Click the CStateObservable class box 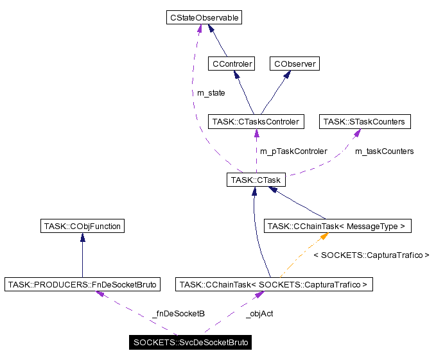click(x=203, y=18)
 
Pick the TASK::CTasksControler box click(x=256, y=121)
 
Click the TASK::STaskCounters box click(x=364, y=121)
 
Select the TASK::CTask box click(x=255, y=180)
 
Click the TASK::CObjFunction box click(x=82, y=226)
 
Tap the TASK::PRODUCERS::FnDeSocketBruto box click(x=82, y=284)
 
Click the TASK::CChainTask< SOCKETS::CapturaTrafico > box click(x=274, y=284)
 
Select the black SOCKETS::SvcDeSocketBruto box click(x=190, y=342)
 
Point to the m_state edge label click(x=211, y=93)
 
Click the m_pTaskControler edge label click(x=293, y=151)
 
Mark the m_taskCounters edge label click(x=384, y=151)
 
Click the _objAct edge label click(x=259, y=314)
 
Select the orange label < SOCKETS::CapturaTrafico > click(x=371, y=255)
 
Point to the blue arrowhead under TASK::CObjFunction click(x=82, y=237)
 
